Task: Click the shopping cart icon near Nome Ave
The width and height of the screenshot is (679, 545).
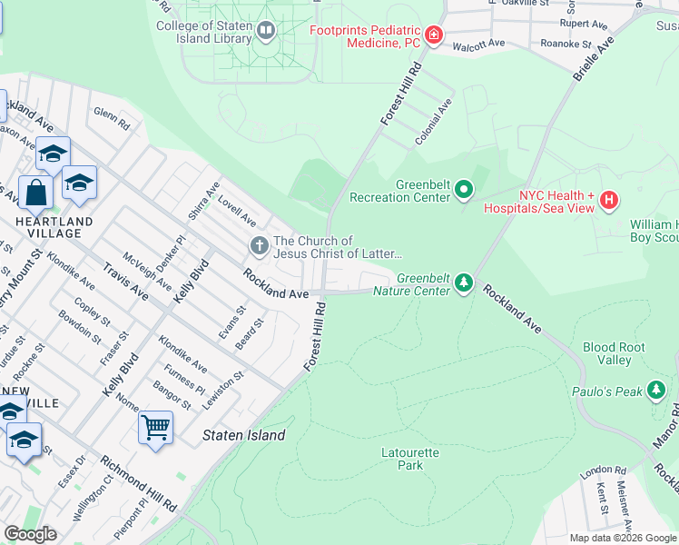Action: click(155, 426)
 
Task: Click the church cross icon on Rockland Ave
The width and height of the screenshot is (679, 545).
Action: click(259, 245)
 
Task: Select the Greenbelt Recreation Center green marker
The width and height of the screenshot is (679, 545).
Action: click(464, 190)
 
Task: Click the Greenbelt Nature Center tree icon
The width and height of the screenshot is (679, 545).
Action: click(464, 283)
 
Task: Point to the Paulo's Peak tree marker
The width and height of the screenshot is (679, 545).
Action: click(656, 391)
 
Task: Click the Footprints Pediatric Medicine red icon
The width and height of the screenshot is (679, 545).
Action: click(434, 35)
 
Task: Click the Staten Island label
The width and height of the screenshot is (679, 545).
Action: click(243, 435)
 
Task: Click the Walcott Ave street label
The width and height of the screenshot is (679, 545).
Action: click(477, 44)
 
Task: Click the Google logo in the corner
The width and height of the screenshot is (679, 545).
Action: click(30, 534)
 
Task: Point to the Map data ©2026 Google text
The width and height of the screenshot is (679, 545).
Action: click(623, 538)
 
